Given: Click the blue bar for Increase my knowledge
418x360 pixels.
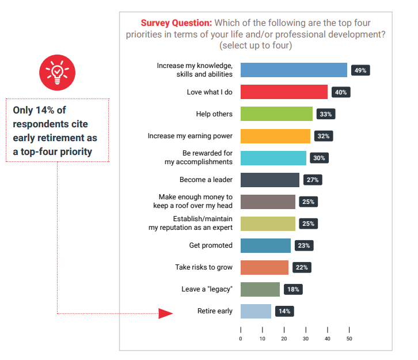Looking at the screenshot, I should (294, 70).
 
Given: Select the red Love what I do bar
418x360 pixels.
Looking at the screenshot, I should (284, 92).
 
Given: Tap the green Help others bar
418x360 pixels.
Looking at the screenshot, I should (276, 114).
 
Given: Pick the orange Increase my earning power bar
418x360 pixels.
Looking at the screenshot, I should (275, 136).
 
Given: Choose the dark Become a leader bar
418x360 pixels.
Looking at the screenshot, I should (269, 180).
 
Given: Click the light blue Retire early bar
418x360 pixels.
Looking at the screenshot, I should (256, 311).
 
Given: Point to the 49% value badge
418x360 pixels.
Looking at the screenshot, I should (361, 70).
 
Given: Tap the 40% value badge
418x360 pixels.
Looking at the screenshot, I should (341, 92).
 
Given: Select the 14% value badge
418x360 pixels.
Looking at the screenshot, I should (284, 311).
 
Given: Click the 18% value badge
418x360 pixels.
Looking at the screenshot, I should (293, 289).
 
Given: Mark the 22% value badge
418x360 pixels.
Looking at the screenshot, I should (302, 267).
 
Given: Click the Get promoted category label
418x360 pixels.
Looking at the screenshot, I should (211, 245).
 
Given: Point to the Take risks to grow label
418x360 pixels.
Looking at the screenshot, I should (204, 267).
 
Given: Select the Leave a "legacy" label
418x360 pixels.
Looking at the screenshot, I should (207, 289).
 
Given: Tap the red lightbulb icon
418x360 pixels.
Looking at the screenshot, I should (56, 71).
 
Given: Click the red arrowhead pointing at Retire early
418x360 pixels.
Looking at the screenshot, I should (166, 313).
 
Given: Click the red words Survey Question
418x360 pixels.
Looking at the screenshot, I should (176, 23).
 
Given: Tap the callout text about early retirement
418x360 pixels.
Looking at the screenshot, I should (55, 130).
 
